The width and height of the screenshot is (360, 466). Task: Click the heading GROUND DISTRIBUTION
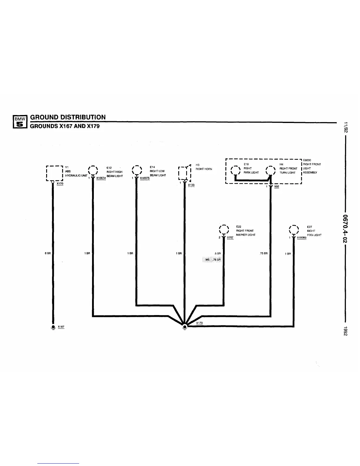tap(68, 117)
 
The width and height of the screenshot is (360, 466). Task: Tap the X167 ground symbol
tap(53, 327)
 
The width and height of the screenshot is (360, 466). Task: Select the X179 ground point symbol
tap(184, 327)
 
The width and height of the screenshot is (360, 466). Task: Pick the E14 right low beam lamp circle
tap(137, 171)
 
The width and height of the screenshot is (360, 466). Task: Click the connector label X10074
tap(101, 178)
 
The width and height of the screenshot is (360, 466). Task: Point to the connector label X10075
tap(145, 178)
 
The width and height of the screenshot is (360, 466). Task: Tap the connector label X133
tap(191, 185)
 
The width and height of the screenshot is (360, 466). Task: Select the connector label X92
tap(276, 187)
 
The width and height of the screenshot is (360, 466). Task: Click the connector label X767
tap(230, 237)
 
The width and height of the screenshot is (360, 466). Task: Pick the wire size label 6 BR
tap(48, 253)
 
